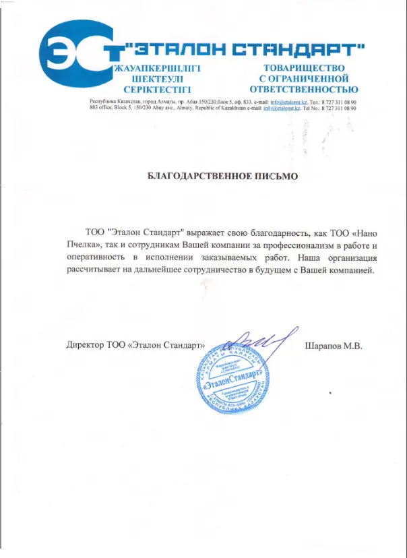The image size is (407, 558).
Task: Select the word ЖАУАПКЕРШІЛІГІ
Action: click(x=158, y=69)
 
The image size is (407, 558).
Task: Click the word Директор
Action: click(x=85, y=345)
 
